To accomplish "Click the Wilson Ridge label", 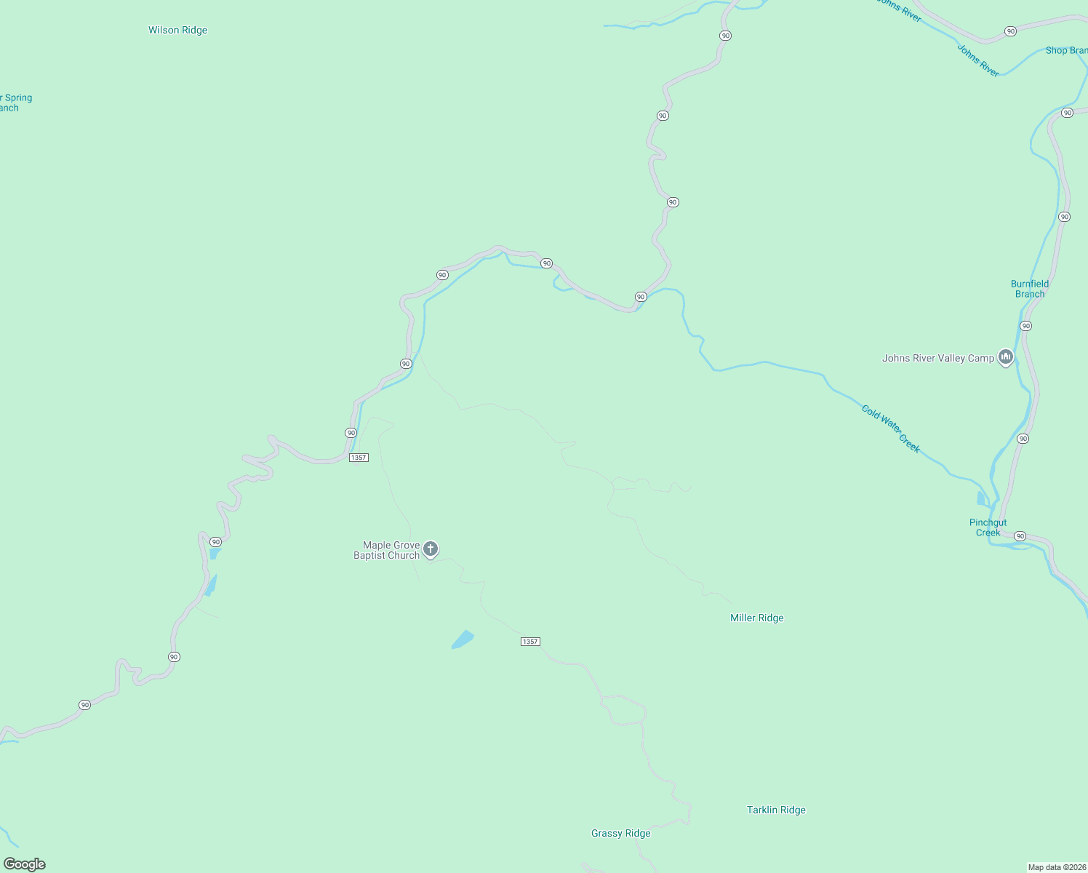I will [x=177, y=31].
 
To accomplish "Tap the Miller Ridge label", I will [x=756, y=618].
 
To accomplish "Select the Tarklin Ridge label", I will [x=776, y=810].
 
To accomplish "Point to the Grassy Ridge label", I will [x=620, y=834].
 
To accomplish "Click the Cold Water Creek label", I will [x=891, y=429].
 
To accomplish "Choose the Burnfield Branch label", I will [x=1030, y=290].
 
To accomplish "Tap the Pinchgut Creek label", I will [x=988, y=528].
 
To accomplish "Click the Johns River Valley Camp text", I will [x=937, y=359].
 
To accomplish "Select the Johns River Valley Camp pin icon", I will [x=1006, y=357].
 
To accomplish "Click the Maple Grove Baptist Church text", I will [x=387, y=551].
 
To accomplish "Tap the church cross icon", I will [x=431, y=549].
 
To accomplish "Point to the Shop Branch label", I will [x=1066, y=51].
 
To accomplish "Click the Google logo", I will [x=25, y=864].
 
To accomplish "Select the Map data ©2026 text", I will [x=1056, y=867].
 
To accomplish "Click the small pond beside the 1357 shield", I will [x=463, y=640].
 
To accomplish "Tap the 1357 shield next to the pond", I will [x=530, y=642].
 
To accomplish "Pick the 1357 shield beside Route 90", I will [x=359, y=458].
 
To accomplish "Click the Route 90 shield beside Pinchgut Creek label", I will [x=1020, y=536].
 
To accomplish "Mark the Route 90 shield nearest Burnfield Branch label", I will [x=1025, y=326].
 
